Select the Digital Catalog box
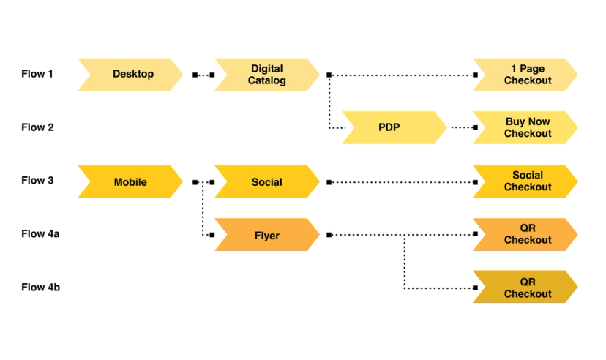[x=266, y=74]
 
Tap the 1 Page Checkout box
[x=525, y=74]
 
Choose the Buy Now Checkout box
[x=525, y=127]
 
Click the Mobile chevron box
[x=130, y=181]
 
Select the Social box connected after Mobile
[x=266, y=181]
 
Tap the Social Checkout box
[x=525, y=181]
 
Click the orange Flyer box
[x=266, y=235]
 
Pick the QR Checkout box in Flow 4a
[x=525, y=235]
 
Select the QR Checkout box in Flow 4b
[x=525, y=288]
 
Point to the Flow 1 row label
[x=37, y=74]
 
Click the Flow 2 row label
[x=37, y=127]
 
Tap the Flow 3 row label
[x=37, y=181]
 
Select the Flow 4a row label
[x=40, y=234]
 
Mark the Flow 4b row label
[x=40, y=288]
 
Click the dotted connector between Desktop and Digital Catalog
[x=203, y=75]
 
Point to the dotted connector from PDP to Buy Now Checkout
[x=463, y=128]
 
